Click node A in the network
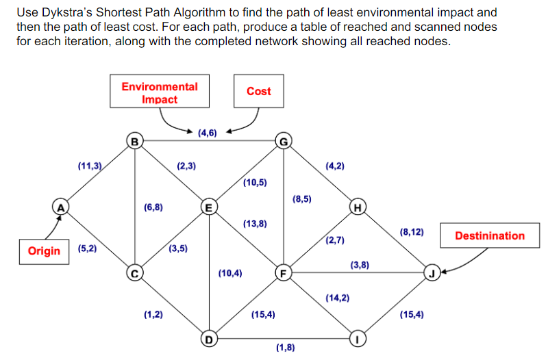(x=61, y=205)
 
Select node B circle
(x=136, y=142)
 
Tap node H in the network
(x=356, y=206)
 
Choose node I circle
(x=356, y=338)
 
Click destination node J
(x=431, y=274)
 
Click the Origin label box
(x=44, y=250)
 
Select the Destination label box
(x=490, y=235)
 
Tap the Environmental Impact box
(x=160, y=93)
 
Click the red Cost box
(x=258, y=91)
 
